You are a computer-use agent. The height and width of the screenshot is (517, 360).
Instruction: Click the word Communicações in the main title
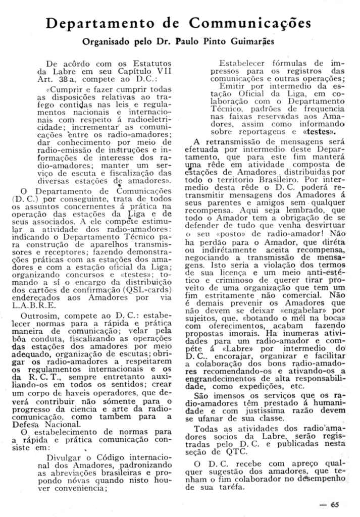[x=250, y=23]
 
